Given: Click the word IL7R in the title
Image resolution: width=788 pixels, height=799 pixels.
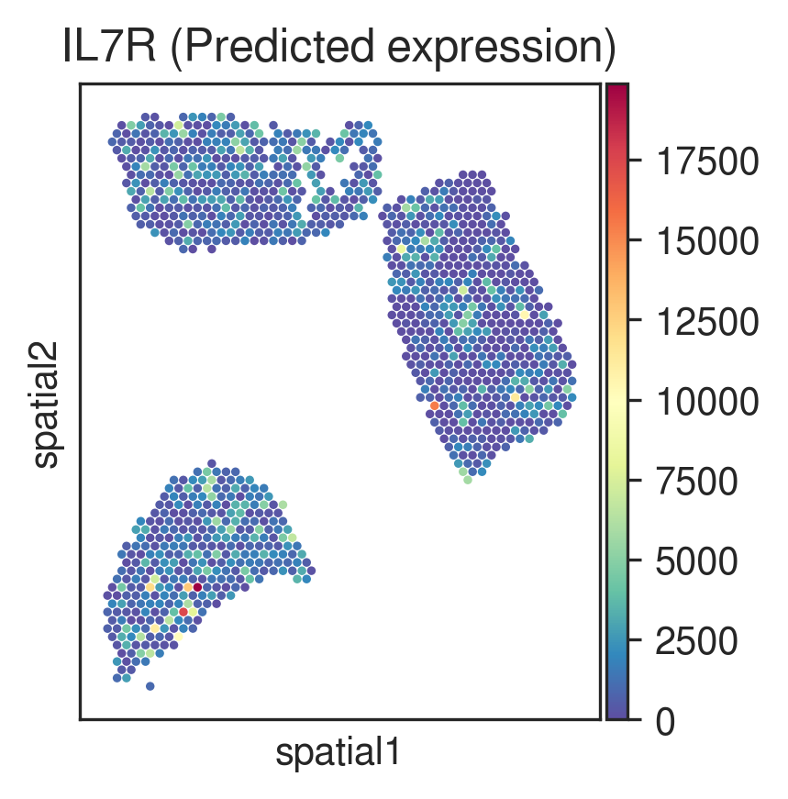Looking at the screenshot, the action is pos(109,47).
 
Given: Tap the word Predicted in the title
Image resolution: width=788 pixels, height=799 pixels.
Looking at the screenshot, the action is pos(278,48).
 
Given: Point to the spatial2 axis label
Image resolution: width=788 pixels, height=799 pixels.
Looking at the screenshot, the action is pos(45,405).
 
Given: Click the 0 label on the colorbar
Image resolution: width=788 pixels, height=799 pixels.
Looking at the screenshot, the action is pos(665,722).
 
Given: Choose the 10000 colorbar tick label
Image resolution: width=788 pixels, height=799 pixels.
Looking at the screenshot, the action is pos(707,401).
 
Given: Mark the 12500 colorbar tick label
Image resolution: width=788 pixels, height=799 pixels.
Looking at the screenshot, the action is pos(707,321).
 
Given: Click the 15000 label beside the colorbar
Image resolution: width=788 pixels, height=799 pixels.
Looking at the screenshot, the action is pos(707,241).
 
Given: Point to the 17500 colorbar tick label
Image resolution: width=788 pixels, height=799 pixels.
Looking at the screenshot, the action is pos(707,161).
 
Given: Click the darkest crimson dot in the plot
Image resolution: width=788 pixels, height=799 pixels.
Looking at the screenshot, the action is pos(197,587).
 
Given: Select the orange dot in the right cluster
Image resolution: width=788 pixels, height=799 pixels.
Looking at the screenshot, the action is pos(434,405).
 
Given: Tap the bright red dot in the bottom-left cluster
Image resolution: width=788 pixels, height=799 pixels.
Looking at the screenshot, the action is pos(183,612).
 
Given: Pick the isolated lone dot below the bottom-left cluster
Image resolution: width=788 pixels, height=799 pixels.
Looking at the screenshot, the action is pos(150,686).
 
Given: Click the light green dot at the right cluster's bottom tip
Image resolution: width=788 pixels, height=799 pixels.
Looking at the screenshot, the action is pos(468,480).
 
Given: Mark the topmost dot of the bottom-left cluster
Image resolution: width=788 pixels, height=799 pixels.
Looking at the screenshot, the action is pos(212,463).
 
